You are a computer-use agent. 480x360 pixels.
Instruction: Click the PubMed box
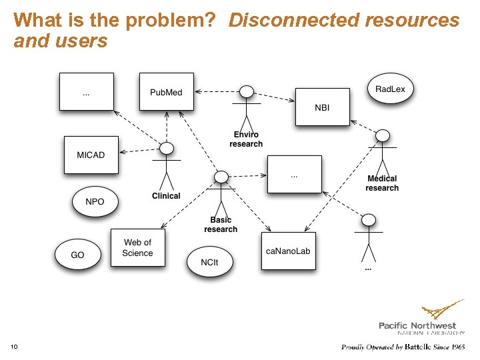coord(166,91)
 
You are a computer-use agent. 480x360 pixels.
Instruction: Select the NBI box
coord(322,107)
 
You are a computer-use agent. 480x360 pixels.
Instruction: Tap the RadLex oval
coord(390,89)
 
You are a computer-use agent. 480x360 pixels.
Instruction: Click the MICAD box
coord(91,155)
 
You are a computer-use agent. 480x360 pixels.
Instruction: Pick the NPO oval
coord(95,201)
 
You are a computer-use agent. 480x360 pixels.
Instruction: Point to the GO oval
coord(78,255)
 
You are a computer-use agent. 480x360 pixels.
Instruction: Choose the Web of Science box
coord(137,247)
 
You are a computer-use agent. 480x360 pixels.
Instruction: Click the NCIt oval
coord(209,262)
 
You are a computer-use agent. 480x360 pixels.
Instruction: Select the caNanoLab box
coord(288,251)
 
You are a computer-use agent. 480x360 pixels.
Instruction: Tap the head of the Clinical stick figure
coord(167,148)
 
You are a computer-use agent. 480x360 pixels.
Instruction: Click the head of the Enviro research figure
coord(247,93)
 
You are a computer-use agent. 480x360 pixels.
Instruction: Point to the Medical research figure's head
coord(382,136)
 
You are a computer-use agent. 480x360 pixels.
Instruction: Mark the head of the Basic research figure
coord(221,177)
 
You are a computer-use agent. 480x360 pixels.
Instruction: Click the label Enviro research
coord(246,139)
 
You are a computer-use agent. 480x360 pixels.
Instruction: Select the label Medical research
coord(382,183)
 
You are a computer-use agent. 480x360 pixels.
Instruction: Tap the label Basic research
coord(221,225)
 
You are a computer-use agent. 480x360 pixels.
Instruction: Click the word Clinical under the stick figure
coord(166,196)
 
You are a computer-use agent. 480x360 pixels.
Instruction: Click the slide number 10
coord(14,346)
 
